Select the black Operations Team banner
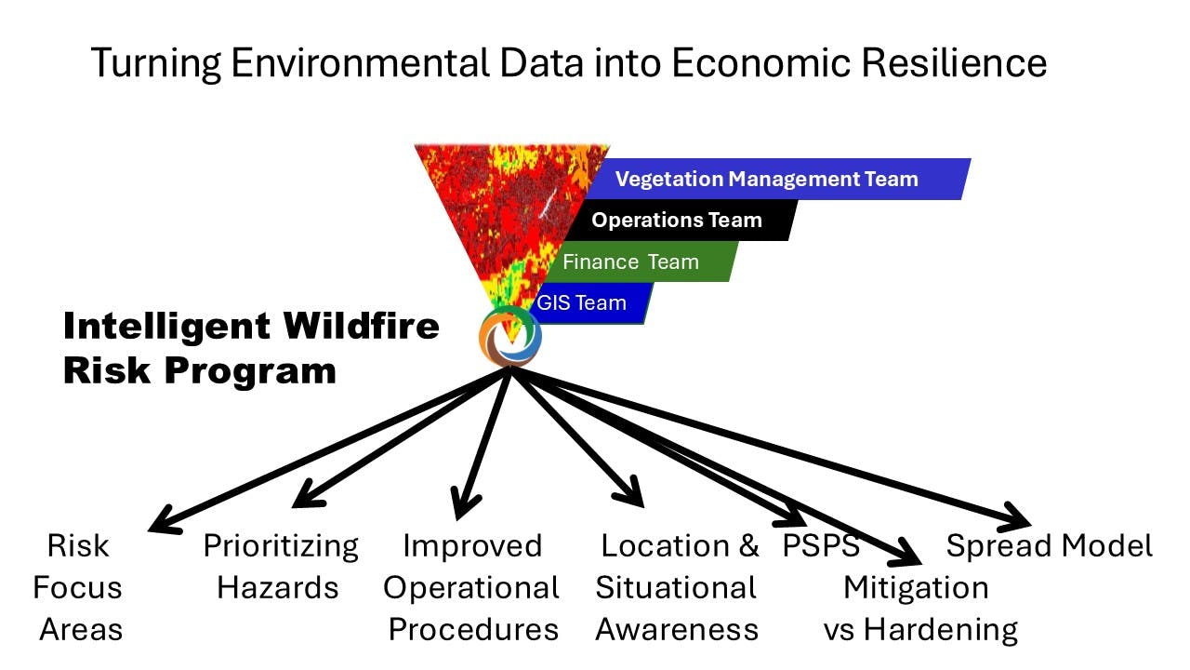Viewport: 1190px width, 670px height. (x=681, y=221)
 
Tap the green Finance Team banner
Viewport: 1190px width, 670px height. (x=641, y=261)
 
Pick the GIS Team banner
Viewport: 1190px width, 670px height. (x=590, y=303)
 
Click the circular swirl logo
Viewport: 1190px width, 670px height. (x=510, y=336)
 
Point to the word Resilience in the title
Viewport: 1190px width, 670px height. (x=954, y=62)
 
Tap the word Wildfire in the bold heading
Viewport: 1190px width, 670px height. (x=362, y=326)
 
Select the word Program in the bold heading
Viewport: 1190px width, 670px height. (x=251, y=370)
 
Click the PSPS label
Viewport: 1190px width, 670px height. (x=821, y=545)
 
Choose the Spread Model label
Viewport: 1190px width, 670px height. (x=1050, y=546)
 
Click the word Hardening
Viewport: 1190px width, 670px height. (x=940, y=630)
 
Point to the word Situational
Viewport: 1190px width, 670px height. (x=676, y=587)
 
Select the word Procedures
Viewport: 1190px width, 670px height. (x=473, y=630)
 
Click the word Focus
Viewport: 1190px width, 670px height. (x=77, y=587)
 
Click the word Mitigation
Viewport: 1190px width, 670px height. (x=916, y=588)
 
